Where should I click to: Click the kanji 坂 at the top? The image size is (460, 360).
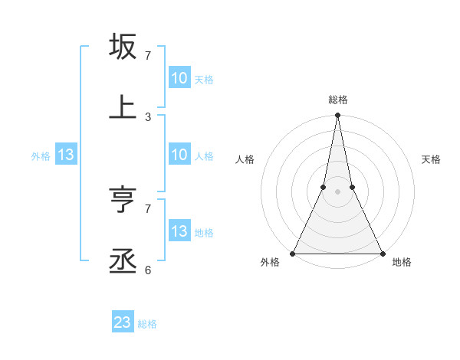click(x=123, y=47)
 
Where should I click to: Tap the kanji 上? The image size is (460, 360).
click(x=123, y=107)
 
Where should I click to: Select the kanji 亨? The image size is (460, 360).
click(x=123, y=201)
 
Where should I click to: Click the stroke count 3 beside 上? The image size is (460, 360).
click(x=148, y=116)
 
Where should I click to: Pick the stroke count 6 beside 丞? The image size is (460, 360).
click(x=148, y=270)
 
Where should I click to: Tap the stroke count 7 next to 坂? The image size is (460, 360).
click(x=148, y=56)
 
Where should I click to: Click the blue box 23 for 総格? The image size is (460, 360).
click(x=123, y=322)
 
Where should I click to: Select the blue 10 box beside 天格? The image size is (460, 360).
click(x=179, y=78)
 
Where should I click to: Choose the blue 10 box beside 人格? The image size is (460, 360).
click(x=179, y=155)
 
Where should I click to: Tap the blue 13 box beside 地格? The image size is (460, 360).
click(x=179, y=231)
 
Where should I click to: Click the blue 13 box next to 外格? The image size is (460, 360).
click(x=66, y=155)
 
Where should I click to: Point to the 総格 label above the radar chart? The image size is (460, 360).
click(x=338, y=100)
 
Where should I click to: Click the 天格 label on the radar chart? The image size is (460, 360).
click(x=431, y=159)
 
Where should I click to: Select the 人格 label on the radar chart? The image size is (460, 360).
click(x=245, y=159)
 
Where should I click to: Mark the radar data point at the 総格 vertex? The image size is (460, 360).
click(x=337, y=116)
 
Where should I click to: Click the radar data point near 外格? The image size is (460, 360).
click(x=293, y=253)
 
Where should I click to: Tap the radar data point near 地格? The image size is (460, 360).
click(x=382, y=253)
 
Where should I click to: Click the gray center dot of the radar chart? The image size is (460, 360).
click(x=337, y=191)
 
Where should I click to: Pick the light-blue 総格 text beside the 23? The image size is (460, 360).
click(x=147, y=324)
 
